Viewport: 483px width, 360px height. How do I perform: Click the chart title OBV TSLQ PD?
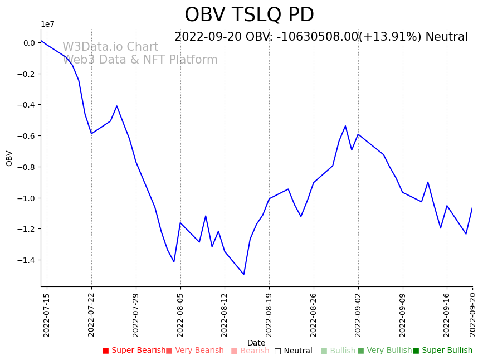249,15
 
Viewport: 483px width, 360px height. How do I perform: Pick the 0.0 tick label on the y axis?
30,43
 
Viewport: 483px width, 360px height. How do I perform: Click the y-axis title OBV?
9,158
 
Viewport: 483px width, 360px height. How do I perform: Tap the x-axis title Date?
256,343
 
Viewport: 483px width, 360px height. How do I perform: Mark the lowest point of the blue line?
243,274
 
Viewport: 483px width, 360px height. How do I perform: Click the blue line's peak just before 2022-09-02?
345,126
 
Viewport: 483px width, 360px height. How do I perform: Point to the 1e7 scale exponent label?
47,25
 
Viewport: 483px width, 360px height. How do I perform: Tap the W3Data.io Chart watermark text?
110,47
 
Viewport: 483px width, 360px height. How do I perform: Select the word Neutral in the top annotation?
446,37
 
